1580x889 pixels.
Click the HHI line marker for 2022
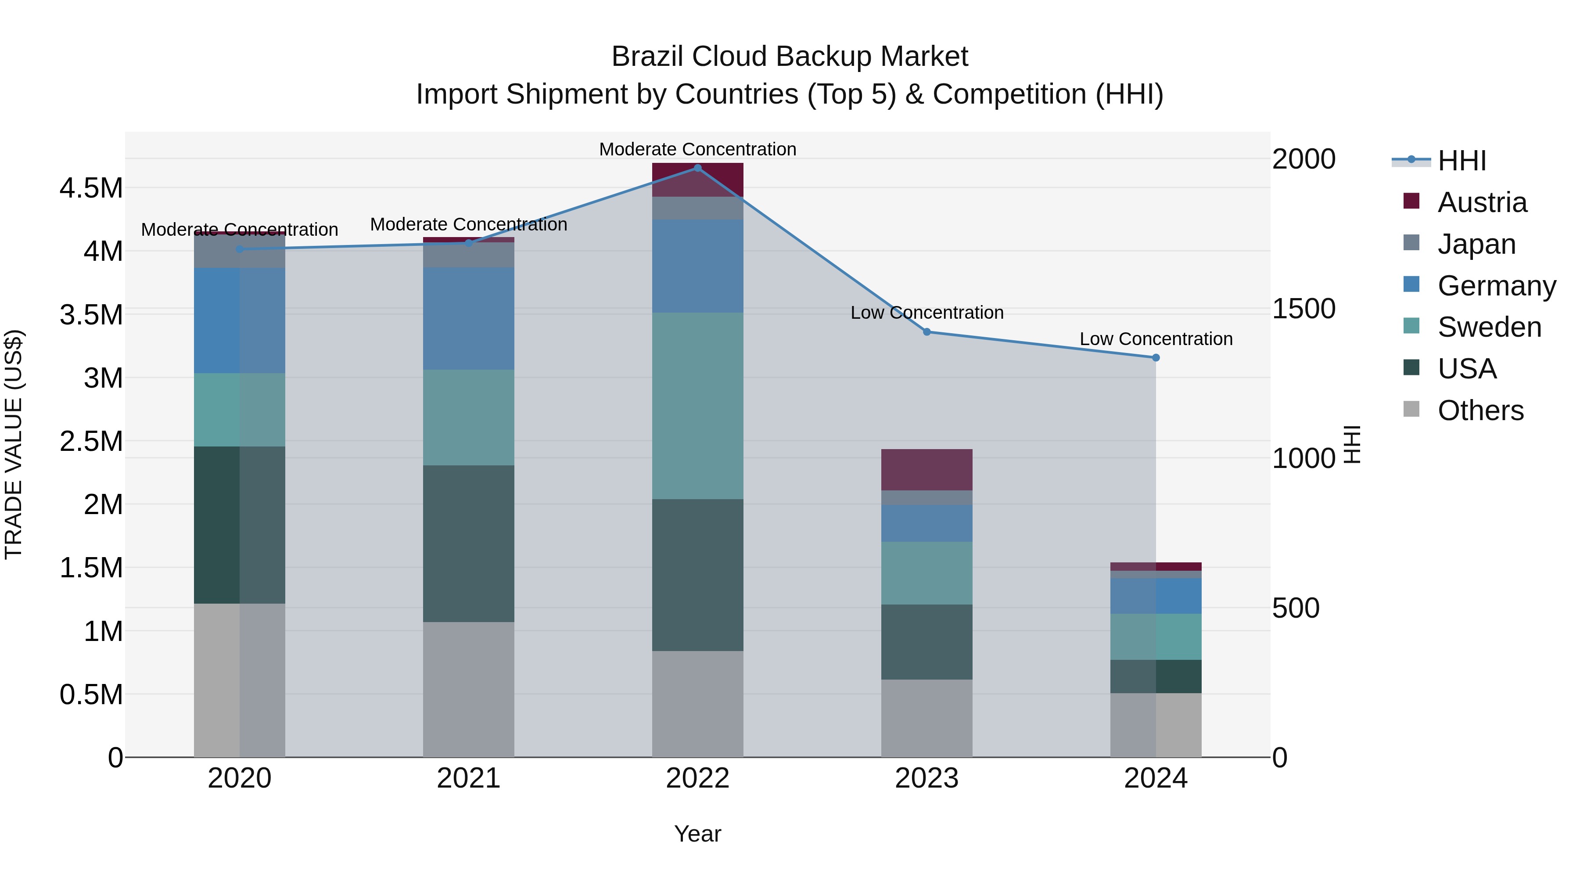697,168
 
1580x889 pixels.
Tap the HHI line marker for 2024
1156,358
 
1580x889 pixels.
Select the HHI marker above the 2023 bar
927,332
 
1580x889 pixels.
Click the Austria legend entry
1481,202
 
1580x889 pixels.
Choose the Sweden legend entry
1489,327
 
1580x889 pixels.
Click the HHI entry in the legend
1461,161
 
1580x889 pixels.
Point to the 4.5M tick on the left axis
91,188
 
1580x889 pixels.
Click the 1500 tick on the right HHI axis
1303,309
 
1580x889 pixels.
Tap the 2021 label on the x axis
469,778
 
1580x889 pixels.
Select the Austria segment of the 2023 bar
927,469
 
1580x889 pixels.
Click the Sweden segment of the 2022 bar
697,406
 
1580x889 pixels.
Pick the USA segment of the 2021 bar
469,543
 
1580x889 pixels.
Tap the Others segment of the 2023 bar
927,718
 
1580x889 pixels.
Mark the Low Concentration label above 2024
1156,338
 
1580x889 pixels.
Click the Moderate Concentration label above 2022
697,149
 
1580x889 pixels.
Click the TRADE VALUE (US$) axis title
14,444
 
